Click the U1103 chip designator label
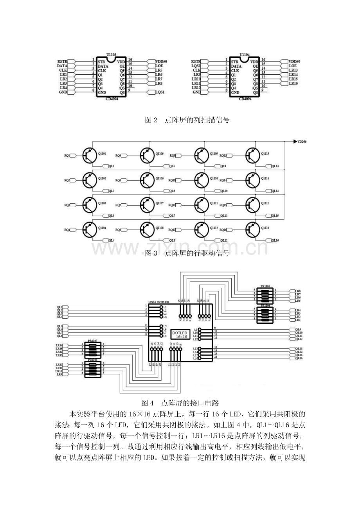pyautogui.click(x=111, y=56)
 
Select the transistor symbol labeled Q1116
pyautogui.click(x=254, y=229)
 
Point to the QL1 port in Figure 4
pyautogui.click(x=60, y=307)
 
